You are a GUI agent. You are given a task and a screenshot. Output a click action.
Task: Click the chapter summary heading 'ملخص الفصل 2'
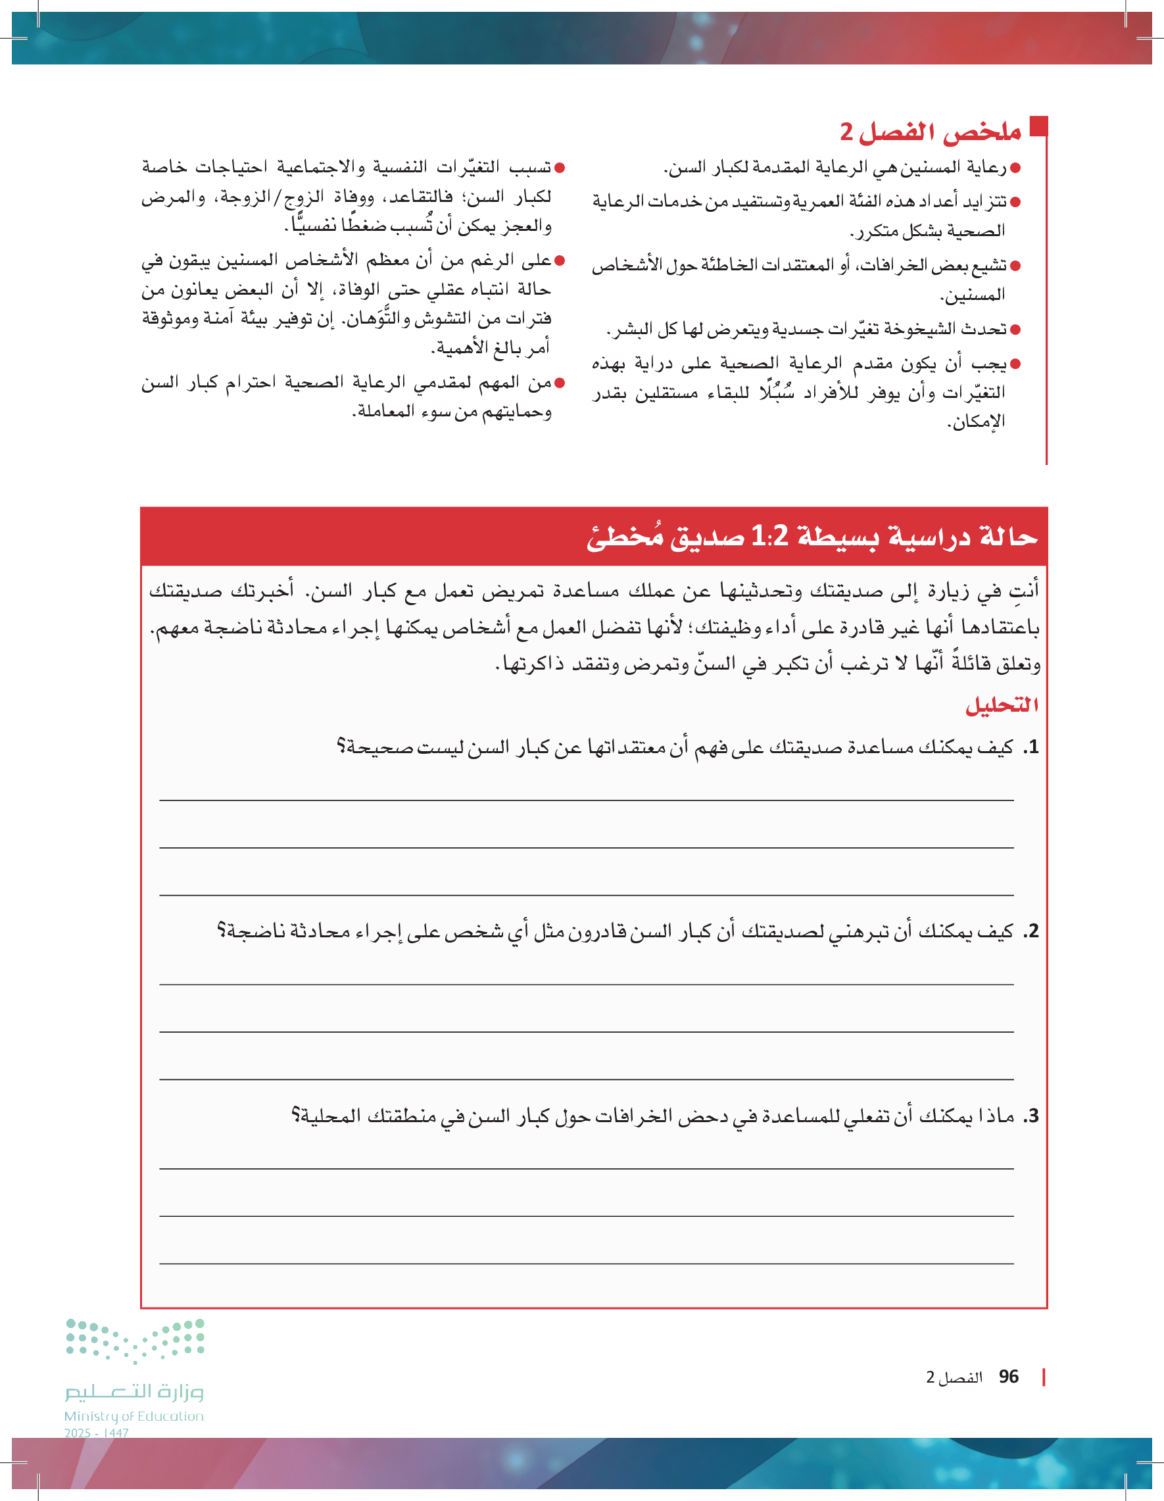click(931, 132)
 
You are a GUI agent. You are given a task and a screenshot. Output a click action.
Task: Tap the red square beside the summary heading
click(1038, 126)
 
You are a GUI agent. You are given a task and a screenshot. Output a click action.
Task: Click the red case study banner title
click(812, 536)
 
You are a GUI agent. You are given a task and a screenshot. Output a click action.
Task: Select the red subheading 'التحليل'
click(1001, 704)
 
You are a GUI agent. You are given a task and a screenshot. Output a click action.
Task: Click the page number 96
click(1009, 1377)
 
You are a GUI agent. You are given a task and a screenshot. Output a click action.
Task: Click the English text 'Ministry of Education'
click(134, 1415)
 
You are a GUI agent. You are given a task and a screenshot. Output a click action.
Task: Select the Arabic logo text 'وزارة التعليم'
click(135, 1391)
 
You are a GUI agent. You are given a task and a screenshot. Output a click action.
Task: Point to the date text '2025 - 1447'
click(96, 1433)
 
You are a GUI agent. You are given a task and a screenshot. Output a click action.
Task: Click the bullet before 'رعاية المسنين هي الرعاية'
click(1015, 168)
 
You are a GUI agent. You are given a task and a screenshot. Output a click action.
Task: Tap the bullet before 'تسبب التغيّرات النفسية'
click(560, 168)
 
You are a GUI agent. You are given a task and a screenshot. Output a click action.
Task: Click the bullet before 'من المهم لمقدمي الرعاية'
click(560, 383)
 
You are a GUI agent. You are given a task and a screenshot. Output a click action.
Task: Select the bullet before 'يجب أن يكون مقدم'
click(1015, 364)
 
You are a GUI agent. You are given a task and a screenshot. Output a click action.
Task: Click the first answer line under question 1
click(586, 800)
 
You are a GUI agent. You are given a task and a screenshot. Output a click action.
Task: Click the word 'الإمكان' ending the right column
click(977, 422)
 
